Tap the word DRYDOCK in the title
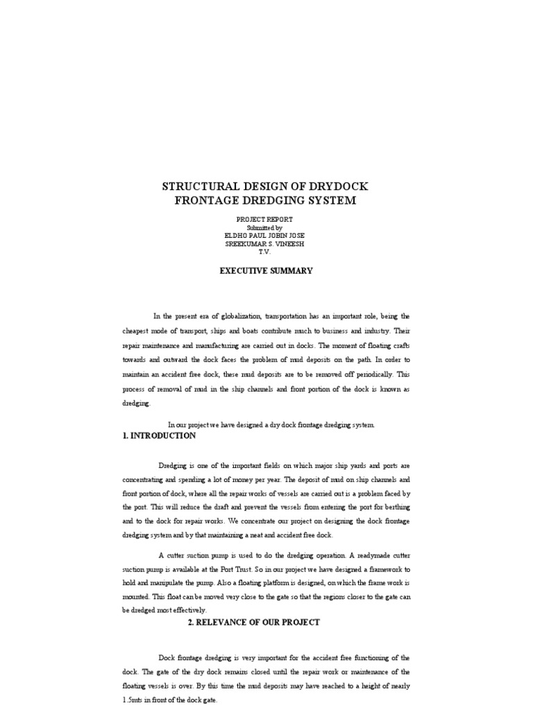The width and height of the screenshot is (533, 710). (x=339, y=187)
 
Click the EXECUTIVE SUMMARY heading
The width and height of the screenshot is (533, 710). (x=266, y=271)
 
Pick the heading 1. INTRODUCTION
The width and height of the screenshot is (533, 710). (x=159, y=436)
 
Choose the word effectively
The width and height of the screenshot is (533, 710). (x=185, y=610)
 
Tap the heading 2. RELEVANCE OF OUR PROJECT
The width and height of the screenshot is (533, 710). (x=254, y=623)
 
